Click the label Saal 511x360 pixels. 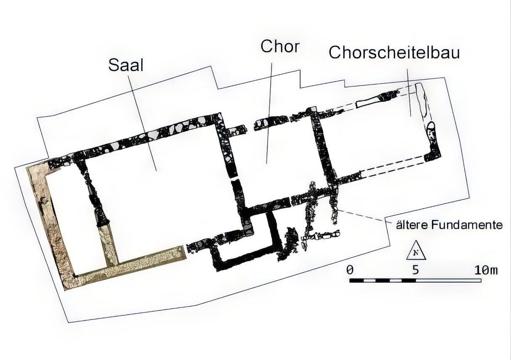tap(126, 65)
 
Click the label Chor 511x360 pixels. tap(279, 46)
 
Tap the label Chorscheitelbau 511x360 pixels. tap(394, 53)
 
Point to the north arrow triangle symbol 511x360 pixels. tap(416, 250)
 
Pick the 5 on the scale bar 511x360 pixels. tap(416, 270)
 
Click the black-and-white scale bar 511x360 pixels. tap(415, 281)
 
